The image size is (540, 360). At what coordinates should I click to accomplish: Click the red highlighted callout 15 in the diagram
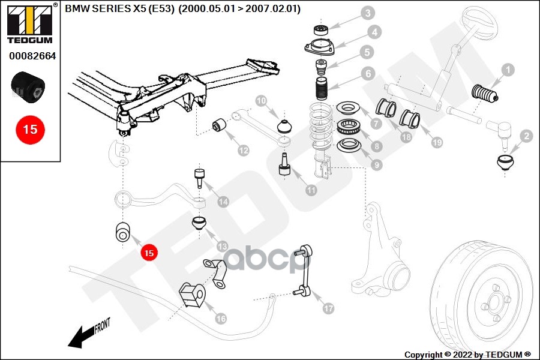[x=149, y=253]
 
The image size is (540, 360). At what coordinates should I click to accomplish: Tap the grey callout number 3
[x=367, y=13]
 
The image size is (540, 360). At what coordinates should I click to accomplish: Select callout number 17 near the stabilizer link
[x=328, y=309]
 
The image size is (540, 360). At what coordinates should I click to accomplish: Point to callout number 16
[x=221, y=318]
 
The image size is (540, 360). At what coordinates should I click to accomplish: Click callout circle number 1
[x=508, y=70]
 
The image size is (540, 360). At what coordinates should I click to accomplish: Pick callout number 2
[x=526, y=137]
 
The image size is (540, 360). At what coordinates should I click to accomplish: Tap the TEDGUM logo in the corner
[x=30, y=24]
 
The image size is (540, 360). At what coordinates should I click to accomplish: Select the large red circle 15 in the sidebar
[x=29, y=129]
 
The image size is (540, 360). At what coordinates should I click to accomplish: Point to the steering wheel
[x=474, y=24]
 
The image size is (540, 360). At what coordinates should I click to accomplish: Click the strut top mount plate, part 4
[x=323, y=48]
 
